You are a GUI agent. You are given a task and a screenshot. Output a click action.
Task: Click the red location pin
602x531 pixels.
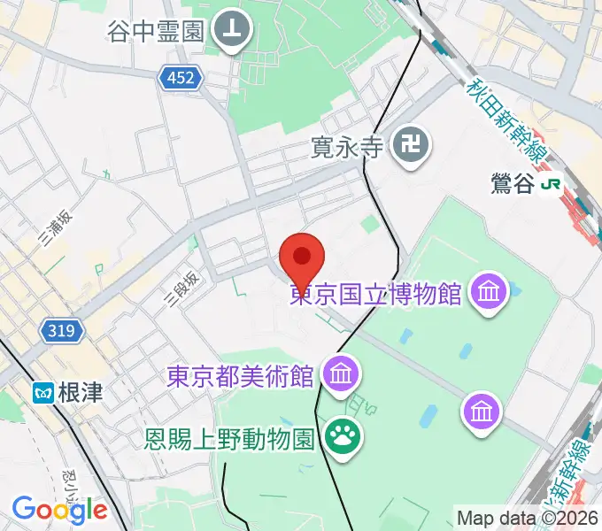302,258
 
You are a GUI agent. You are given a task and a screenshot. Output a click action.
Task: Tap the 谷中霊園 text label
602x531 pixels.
156,32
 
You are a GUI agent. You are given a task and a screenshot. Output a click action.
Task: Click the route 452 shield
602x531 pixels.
181,80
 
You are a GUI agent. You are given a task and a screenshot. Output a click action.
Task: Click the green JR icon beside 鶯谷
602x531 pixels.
554,184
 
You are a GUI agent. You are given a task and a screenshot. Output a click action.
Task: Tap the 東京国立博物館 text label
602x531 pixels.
376,293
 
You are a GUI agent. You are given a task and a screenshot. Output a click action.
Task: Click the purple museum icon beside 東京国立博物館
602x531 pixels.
489,289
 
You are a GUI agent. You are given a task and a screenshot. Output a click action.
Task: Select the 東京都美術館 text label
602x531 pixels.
241,375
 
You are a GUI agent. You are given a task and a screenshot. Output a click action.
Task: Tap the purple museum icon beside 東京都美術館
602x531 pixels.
341,373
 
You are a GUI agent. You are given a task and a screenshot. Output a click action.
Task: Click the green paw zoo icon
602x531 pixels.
341,434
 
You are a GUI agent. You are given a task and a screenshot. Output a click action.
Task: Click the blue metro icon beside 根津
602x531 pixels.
42,392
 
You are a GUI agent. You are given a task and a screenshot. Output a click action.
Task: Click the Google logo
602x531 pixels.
59,511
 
